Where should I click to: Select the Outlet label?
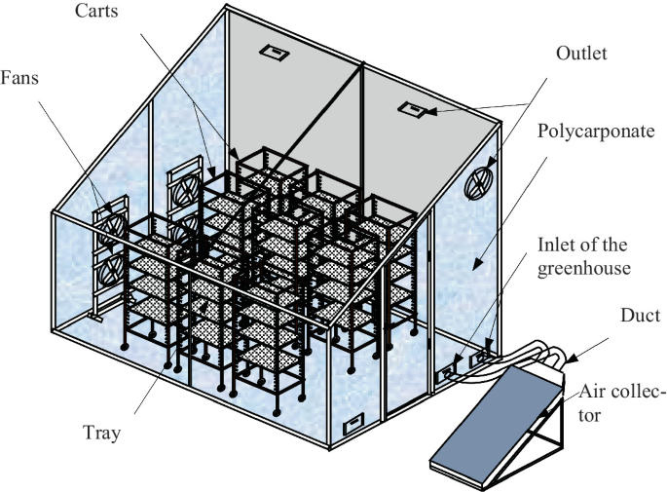[581, 55]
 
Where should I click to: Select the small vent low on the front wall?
[352, 423]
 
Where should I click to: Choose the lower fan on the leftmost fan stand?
[113, 266]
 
